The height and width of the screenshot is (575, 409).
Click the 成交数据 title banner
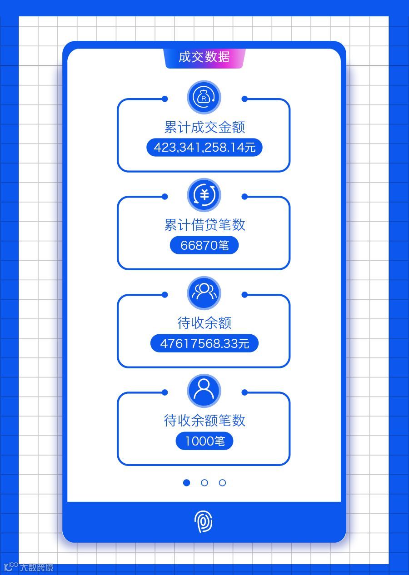pyautogui.click(x=204, y=57)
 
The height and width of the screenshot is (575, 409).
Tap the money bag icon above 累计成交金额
pyautogui.click(x=204, y=97)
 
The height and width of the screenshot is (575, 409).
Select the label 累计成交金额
pyautogui.click(x=204, y=127)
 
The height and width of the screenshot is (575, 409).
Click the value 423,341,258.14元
pyautogui.click(x=204, y=148)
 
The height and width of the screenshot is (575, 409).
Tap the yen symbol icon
pyautogui.click(x=204, y=195)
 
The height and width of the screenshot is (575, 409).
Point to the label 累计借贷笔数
pyautogui.click(x=204, y=225)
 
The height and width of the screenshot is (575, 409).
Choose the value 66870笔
pyautogui.click(x=204, y=246)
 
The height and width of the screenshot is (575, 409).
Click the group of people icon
pyautogui.click(x=204, y=293)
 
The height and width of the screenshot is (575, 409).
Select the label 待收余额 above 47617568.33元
pyautogui.click(x=204, y=323)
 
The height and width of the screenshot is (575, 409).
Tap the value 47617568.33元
pyautogui.click(x=204, y=343)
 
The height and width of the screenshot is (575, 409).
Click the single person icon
pyautogui.click(x=204, y=391)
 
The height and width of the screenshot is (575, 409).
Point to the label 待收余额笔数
pyautogui.click(x=204, y=421)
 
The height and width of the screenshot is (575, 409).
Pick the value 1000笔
pyautogui.click(x=204, y=441)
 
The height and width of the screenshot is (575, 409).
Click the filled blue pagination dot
pyautogui.click(x=186, y=483)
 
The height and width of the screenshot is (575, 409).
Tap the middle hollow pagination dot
pyautogui.click(x=204, y=483)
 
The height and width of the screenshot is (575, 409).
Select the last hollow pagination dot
pyautogui.click(x=222, y=483)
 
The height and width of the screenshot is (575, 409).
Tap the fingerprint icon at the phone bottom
pyautogui.click(x=204, y=522)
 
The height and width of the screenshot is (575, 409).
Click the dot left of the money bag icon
pyautogui.click(x=165, y=99)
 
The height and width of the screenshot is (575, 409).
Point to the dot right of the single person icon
pyautogui.click(x=244, y=392)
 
